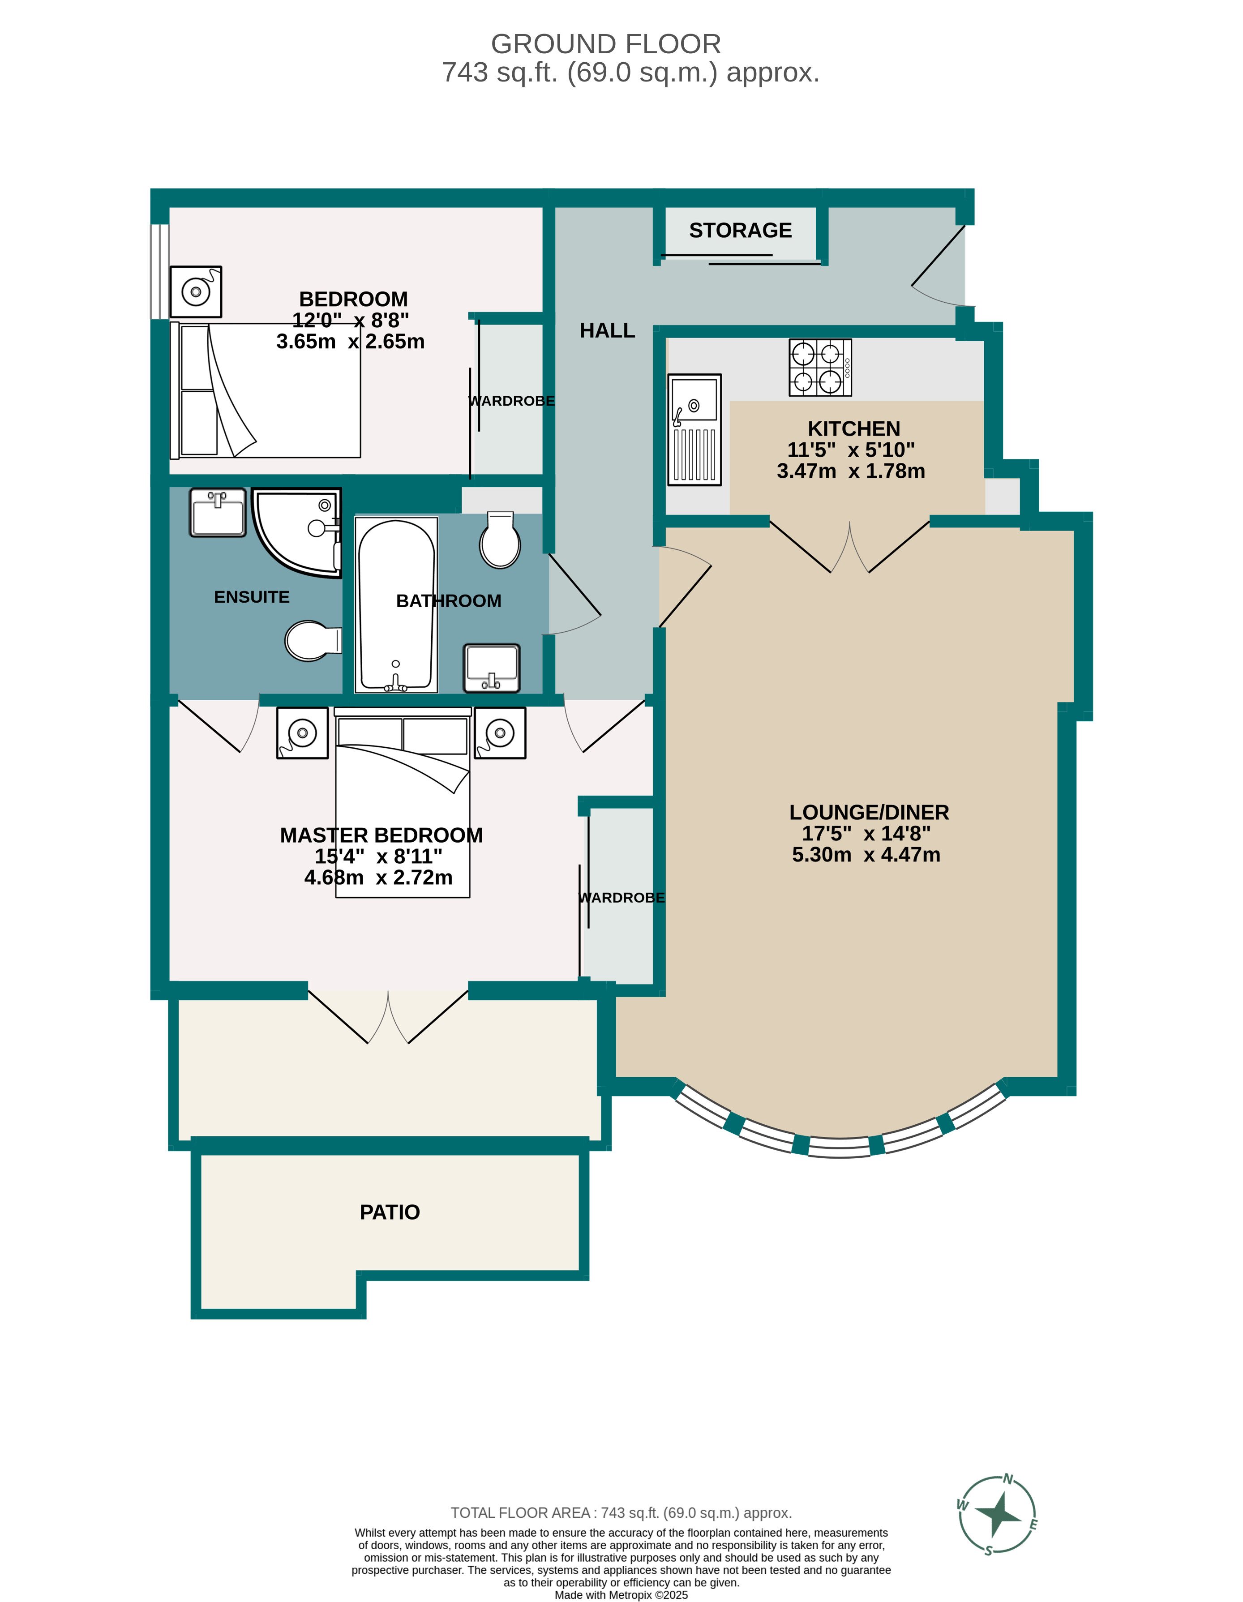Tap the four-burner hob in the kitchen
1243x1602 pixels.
(819, 368)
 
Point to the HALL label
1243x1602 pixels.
(607, 331)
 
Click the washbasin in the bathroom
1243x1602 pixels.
(492, 668)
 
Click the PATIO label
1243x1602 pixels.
(390, 1212)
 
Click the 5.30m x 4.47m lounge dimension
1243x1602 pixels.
(866, 855)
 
